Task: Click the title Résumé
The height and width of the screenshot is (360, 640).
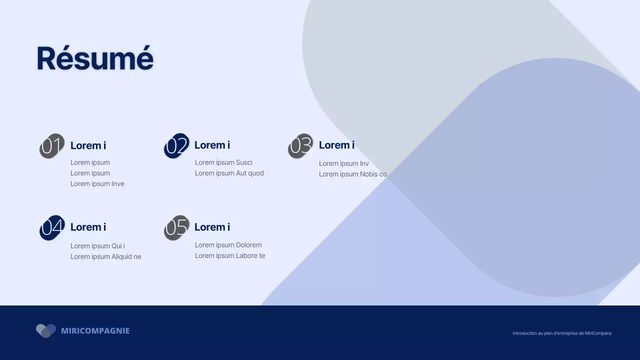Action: point(95,58)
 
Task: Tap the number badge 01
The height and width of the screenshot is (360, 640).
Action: point(52,146)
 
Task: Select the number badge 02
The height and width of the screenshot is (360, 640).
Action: point(176,146)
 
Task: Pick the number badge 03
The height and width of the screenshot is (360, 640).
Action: point(300,146)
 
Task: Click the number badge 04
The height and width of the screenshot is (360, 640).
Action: point(52,227)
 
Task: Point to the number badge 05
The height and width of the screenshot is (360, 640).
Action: point(176,227)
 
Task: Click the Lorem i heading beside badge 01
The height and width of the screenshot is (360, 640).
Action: point(88,145)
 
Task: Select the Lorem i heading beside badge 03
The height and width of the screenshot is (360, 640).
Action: point(336,145)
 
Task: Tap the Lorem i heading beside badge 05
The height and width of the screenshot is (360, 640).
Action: point(212,227)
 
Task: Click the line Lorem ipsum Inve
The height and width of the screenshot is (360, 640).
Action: point(97,184)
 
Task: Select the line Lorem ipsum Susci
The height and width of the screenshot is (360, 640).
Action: point(223,162)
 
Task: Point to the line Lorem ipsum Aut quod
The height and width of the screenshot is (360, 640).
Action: point(229,173)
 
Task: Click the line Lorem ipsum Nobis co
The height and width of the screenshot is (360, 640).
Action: point(352,174)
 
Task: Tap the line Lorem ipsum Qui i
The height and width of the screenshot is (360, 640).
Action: point(97,246)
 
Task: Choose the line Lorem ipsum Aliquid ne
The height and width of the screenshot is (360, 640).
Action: point(105,257)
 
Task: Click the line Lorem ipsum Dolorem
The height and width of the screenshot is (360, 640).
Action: point(228,245)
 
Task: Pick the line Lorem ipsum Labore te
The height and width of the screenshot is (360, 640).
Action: point(229,256)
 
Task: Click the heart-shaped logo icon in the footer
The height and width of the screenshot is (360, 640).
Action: point(46,330)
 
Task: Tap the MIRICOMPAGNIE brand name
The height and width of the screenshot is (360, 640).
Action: point(95,331)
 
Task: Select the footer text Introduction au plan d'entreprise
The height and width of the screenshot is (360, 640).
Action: point(561,333)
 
